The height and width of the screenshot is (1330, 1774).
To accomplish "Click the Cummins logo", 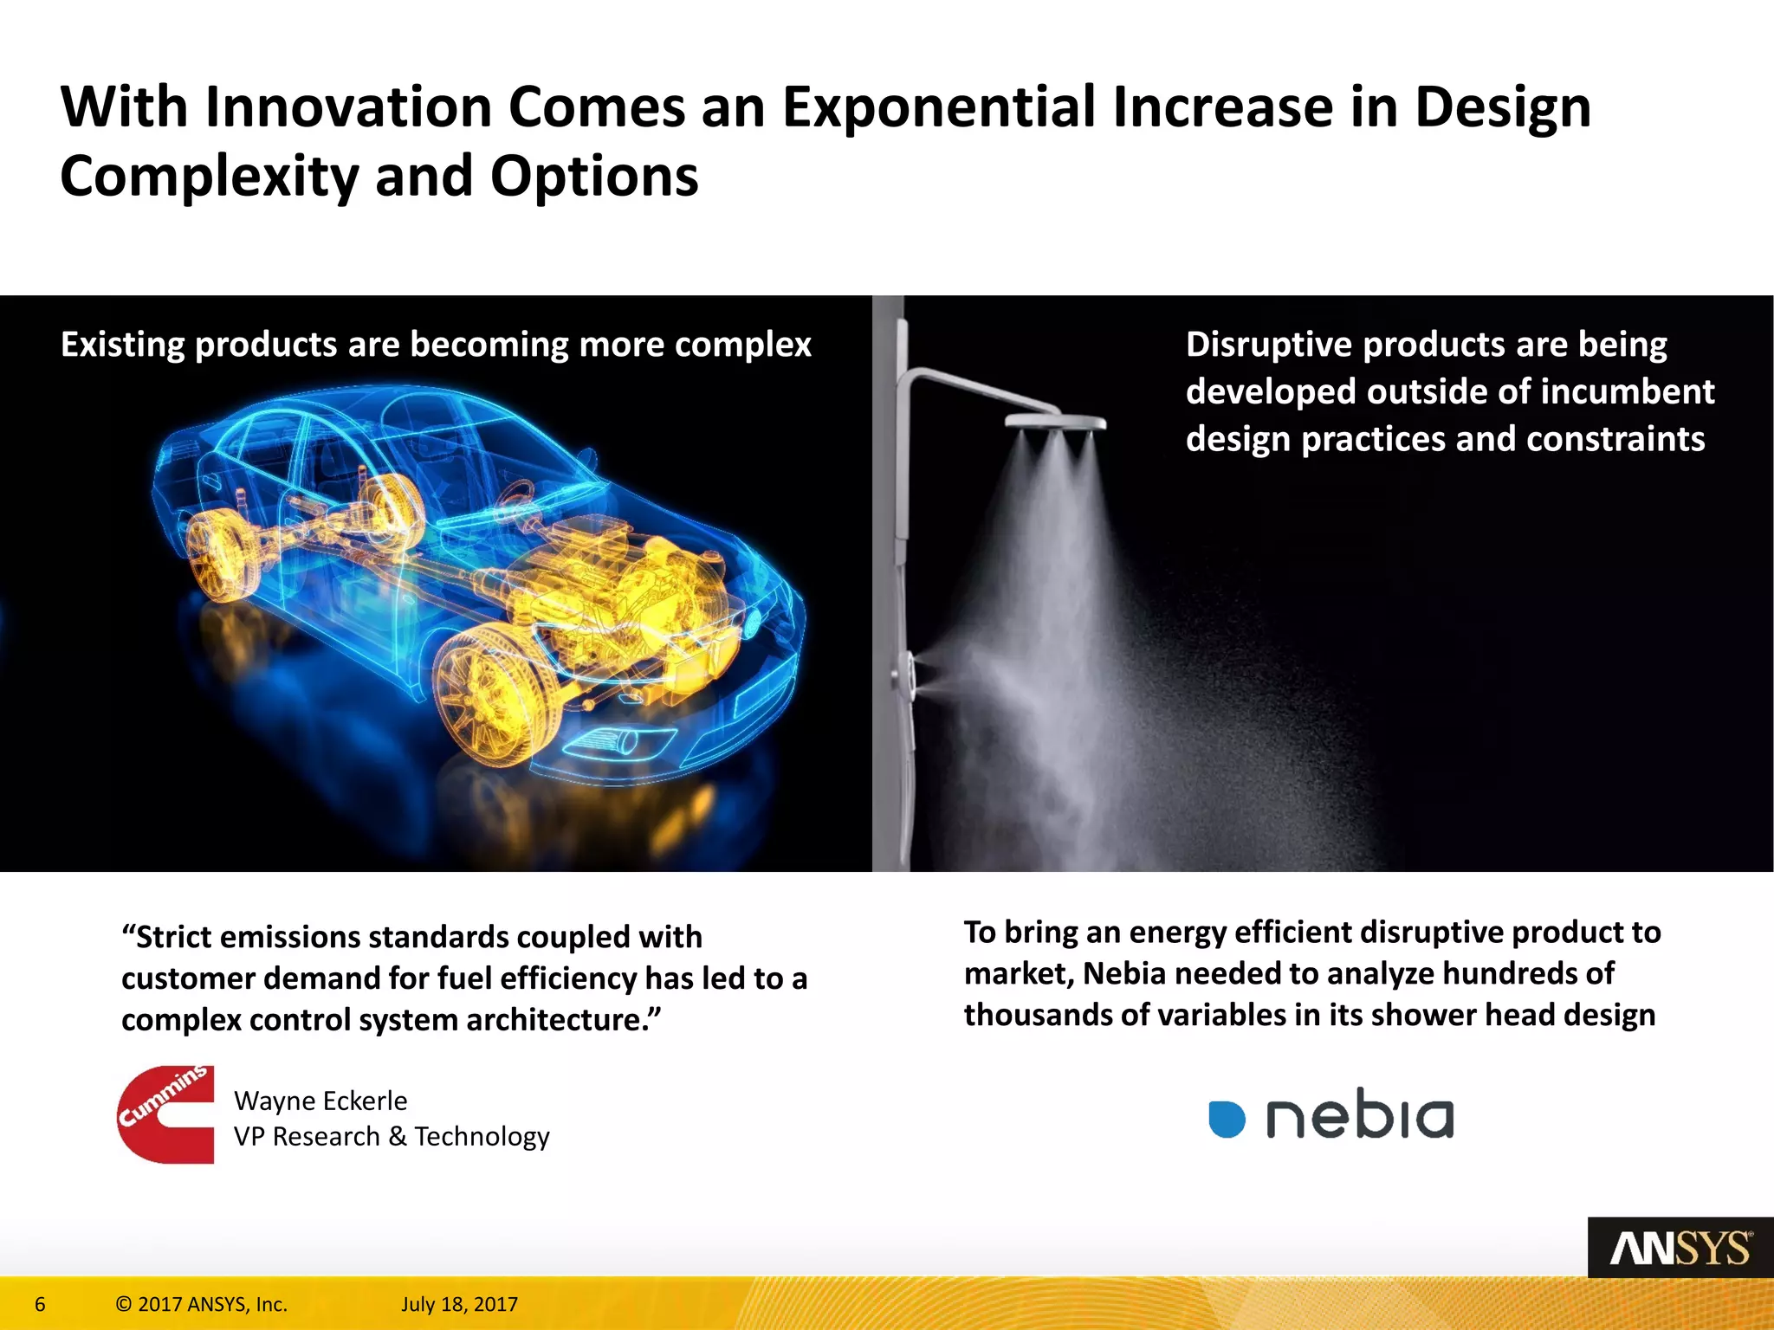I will (x=166, y=1114).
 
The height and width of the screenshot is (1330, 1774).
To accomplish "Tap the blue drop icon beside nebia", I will (x=1227, y=1119).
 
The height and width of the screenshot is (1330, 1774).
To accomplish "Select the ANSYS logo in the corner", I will (x=1680, y=1248).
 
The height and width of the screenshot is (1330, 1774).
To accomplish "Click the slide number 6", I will (x=40, y=1304).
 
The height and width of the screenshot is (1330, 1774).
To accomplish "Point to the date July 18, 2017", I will (x=459, y=1304).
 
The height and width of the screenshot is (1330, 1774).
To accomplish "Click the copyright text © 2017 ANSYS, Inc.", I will (x=201, y=1304).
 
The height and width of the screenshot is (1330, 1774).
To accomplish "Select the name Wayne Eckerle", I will (x=320, y=1101).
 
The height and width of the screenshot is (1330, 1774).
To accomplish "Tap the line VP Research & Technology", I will (x=392, y=1136).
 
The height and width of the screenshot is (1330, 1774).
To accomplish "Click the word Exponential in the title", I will (x=939, y=107).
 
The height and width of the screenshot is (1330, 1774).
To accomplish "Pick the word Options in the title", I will (x=594, y=177).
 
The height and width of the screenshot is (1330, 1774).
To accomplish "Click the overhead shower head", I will (x=1055, y=423).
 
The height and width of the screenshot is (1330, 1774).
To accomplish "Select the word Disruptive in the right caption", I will (x=1269, y=345).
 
